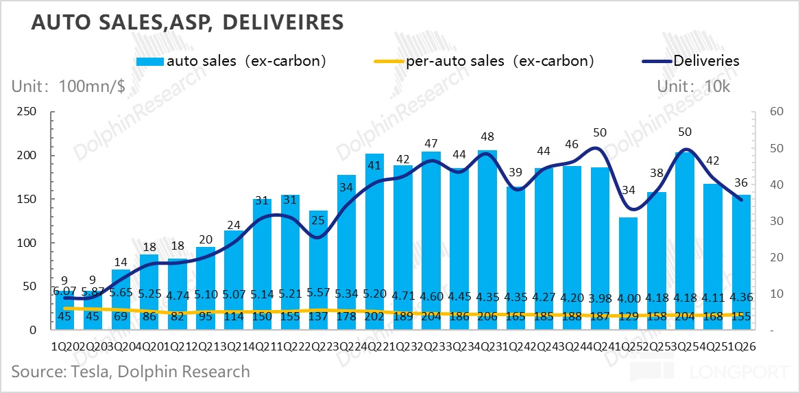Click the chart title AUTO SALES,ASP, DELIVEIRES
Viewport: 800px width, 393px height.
[186, 22]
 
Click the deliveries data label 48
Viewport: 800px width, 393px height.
[487, 137]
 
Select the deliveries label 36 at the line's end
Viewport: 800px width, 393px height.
[741, 182]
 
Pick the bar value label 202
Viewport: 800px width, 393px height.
[375, 318]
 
